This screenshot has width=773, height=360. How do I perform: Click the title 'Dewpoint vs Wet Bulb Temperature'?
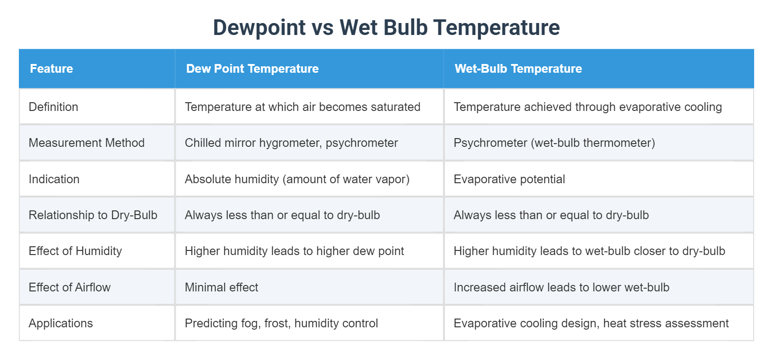tap(386, 28)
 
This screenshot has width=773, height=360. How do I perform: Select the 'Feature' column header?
tap(52, 69)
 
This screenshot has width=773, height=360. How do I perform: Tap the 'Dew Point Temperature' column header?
tap(252, 69)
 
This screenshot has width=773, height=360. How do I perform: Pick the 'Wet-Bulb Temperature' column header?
tap(518, 69)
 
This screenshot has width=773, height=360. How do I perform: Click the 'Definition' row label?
tap(53, 107)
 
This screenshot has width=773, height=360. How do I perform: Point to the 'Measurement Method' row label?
tap(87, 143)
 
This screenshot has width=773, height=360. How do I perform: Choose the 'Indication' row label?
tap(54, 179)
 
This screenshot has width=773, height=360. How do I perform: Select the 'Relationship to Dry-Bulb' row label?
tap(93, 215)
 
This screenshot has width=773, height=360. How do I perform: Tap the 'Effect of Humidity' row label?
tap(75, 251)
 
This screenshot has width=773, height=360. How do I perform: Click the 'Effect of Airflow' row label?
tap(69, 287)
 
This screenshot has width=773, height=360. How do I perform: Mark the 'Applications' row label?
tap(61, 323)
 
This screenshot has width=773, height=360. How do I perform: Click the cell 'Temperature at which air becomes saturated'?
tap(302, 107)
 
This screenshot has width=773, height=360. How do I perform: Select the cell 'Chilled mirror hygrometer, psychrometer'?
tap(291, 143)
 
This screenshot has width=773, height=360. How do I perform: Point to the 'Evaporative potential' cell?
tap(509, 179)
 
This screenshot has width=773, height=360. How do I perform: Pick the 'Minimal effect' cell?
tap(221, 287)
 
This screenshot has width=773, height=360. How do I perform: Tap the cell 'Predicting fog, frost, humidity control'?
tap(281, 323)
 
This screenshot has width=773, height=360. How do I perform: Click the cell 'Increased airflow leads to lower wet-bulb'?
tap(561, 287)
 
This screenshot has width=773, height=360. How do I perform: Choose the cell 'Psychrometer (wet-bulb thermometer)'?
tap(554, 143)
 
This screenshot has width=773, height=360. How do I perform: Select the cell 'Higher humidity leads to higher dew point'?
tap(294, 251)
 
